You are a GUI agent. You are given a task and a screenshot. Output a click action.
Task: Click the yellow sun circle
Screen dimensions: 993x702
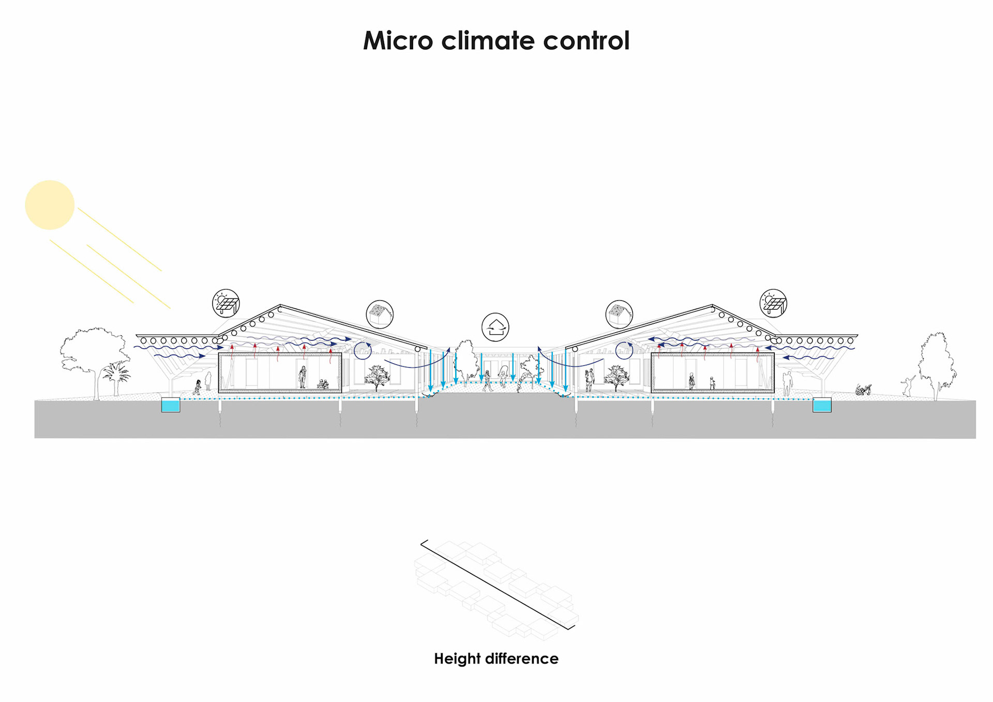pos(50,205)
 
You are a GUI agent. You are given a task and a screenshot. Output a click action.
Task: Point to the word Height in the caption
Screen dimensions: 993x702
pos(457,659)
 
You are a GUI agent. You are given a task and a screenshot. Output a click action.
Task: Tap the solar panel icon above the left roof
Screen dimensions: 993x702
pos(226,303)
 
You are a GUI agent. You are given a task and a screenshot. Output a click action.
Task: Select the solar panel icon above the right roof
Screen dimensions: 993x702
pos(773,303)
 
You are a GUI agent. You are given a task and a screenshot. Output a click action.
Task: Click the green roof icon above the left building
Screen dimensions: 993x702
pos(380,314)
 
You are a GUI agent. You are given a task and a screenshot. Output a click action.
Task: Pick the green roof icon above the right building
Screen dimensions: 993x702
pos(619,314)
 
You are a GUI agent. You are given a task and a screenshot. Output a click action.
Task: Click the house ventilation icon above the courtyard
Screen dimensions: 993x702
pos(495,327)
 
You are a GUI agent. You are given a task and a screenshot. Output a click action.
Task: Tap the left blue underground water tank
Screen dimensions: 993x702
pos(171,405)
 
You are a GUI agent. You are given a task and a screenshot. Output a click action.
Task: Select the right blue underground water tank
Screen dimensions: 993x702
pos(822,405)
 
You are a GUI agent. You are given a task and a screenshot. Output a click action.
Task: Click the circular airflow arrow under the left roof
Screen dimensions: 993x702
pos(363,350)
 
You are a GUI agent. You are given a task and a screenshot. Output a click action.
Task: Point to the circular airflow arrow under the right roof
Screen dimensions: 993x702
pos(624,350)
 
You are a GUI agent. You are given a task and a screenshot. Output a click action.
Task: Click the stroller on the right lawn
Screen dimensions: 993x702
pos(863,390)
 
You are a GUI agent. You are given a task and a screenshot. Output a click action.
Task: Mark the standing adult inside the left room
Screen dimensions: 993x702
pos(303,377)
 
